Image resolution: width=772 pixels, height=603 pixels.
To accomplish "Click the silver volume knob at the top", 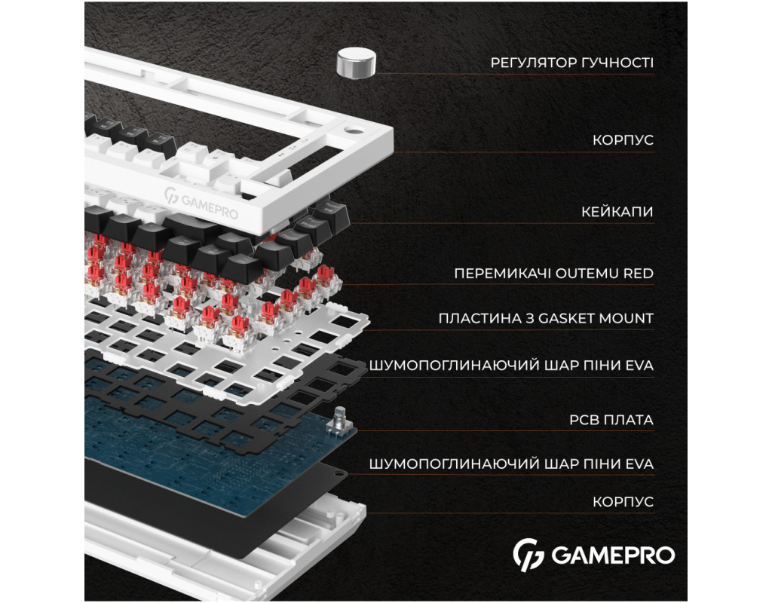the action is (x=356, y=63).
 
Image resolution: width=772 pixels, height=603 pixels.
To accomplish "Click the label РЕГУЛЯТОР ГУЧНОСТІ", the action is (x=571, y=63).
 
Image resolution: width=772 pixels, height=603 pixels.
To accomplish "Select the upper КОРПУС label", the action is (x=623, y=139).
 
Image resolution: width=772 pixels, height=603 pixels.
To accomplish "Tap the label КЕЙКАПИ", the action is (x=617, y=212).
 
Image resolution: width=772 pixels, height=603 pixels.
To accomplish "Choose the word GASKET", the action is (x=566, y=319).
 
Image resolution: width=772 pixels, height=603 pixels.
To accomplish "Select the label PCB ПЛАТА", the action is (x=611, y=420).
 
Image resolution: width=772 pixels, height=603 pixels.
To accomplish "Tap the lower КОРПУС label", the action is (x=623, y=501).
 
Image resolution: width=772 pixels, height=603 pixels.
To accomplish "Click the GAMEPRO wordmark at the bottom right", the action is (x=613, y=556).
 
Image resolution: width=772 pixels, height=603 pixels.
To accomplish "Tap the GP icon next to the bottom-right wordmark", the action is (x=528, y=555).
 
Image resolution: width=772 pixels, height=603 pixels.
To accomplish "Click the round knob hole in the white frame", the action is (x=353, y=131).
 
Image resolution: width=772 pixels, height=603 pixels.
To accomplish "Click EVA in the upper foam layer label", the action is (x=639, y=366).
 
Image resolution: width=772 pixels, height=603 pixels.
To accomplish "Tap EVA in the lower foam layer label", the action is (x=639, y=464).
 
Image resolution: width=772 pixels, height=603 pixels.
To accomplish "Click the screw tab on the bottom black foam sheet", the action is (x=341, y=473).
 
